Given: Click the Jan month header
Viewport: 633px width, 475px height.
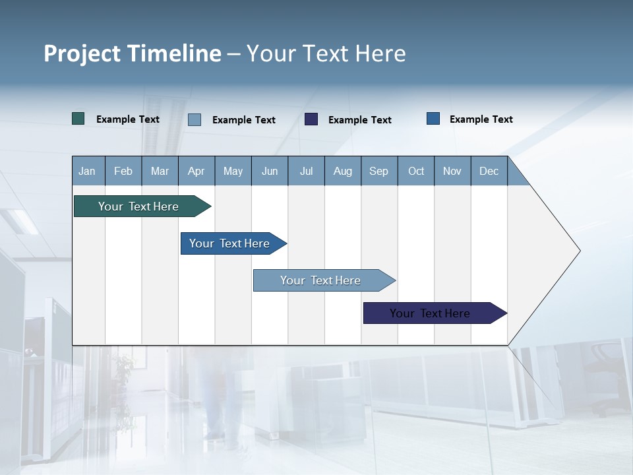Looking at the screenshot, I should click(x=88, y=171).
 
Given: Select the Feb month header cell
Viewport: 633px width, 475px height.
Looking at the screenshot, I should click(x=123, y=171).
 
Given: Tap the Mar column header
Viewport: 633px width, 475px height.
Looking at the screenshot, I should click(x=160, y=171).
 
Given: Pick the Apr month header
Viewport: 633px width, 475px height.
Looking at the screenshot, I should click(x=196, y=171).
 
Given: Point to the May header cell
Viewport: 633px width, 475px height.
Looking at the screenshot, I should click(x=233, y=171).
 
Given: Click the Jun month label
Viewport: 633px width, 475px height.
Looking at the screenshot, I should click(x=270, y=171).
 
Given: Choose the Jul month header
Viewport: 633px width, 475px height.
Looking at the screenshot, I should click(x=306, y=171).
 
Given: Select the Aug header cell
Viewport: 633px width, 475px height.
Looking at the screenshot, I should click(x=343, y=171).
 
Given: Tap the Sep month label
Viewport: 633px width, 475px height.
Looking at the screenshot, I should click(x=379, y=171).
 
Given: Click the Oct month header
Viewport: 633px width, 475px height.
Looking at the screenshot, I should click(x=416, y=171).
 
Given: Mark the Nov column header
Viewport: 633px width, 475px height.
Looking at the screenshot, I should click(x=452, y=171).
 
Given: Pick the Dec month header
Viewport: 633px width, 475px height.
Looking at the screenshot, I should click(x=489, y=171).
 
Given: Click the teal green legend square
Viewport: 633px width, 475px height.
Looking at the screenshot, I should click(x=78, y=119).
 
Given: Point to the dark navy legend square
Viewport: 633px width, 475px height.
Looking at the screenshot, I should click(x=311, y=119).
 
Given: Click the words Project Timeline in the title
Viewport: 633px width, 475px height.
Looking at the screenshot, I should click(x=133, y=53).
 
